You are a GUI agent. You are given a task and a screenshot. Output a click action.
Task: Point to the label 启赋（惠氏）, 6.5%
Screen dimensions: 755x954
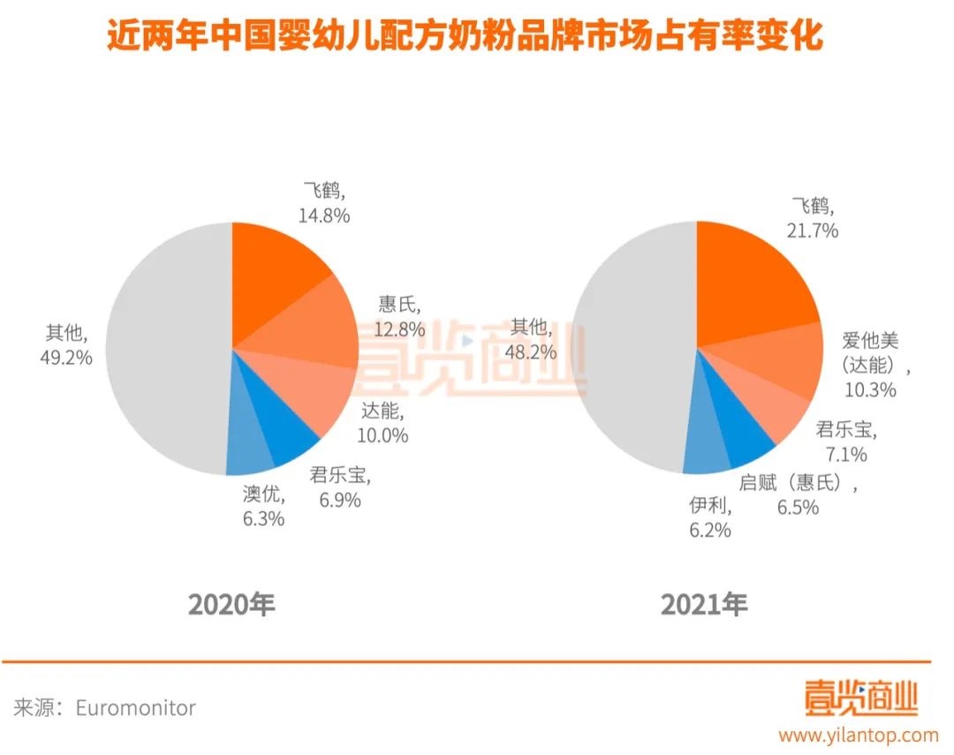pyautogui.click(x=799, y=495)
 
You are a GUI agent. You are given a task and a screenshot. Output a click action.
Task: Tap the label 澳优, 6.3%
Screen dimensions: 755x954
pyautogui.click(x=263, y=506)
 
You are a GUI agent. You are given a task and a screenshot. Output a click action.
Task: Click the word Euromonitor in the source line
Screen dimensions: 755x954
pyautogui.click(x=135, y=707)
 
